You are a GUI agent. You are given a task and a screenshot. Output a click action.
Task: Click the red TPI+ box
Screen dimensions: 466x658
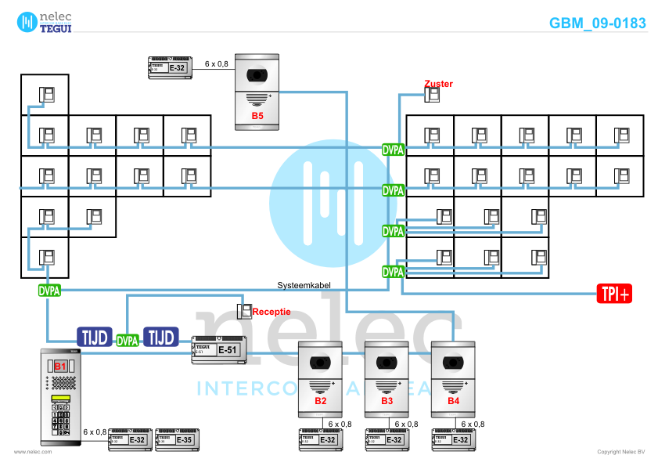(615, 294)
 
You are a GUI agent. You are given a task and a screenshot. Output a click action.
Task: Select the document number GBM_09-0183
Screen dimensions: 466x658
(597, 23)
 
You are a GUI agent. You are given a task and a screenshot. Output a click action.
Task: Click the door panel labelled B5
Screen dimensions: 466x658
(257, 91)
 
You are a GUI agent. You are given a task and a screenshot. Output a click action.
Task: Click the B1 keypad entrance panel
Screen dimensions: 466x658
(60, 396)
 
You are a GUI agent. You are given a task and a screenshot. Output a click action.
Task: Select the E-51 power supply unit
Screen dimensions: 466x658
(218, 350)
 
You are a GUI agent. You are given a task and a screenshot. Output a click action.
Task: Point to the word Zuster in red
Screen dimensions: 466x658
(438, 83)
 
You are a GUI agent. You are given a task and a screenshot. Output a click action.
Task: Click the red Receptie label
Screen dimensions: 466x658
(271, 312)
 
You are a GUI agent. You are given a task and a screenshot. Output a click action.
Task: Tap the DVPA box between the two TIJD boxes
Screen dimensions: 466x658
(128, 341)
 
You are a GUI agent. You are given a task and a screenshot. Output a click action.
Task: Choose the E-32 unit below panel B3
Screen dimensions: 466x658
(387, 440)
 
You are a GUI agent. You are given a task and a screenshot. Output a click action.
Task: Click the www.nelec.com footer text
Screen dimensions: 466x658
(33, 452)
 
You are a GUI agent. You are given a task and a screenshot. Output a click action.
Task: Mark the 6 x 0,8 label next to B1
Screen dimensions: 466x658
(95, 432)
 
